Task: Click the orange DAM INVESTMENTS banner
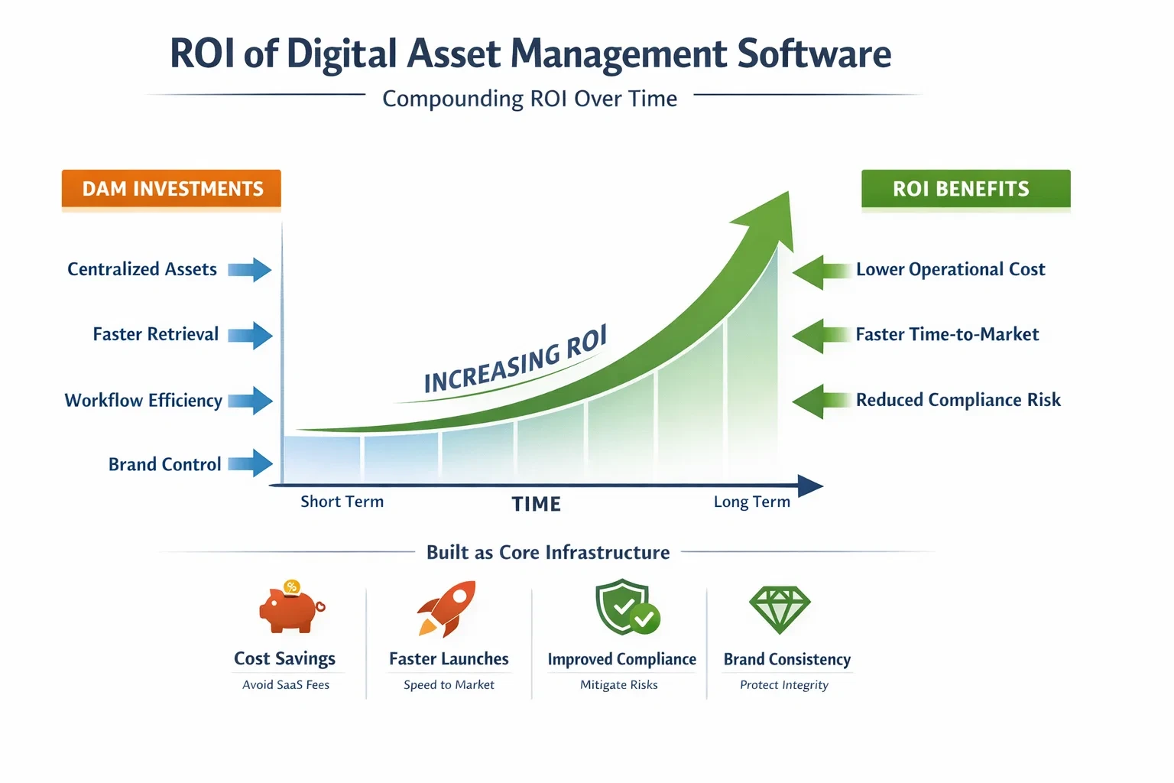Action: pyautogui.click(x=171, y=189)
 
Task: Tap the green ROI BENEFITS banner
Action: pyautogui.click(x=965, y=189)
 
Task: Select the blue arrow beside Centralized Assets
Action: pyautogui.click(x=250, y=270)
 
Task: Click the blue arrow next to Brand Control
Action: pyautogui.click(x=250, y=463)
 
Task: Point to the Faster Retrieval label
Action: pyautogui.click(x=156, y=334)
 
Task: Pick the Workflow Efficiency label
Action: pyautogui.click(x=144, y=400)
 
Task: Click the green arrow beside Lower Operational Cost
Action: pyautogui.click(x=821, y=272)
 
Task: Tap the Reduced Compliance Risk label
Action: pyautogui.click(x=958, y=400)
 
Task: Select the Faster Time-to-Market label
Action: pyautogui.click(x=947, y=334)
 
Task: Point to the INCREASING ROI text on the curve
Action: pyautogui.click(x=516, y=359)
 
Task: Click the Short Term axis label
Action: pyautogui.click(x=342, y=502)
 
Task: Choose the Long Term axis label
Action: pyautogui.click(x=751, y=502)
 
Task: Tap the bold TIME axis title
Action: pyautogui.click(x=537, y=504)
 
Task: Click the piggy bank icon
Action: pyautogui.click(x=290, y=609)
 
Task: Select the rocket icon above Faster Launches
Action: pyautogui.click(x=448, y=609)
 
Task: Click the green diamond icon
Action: pyautogui.click(x=779, y=609)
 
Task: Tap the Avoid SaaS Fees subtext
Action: pyautogui.click(x=286, y=685)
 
